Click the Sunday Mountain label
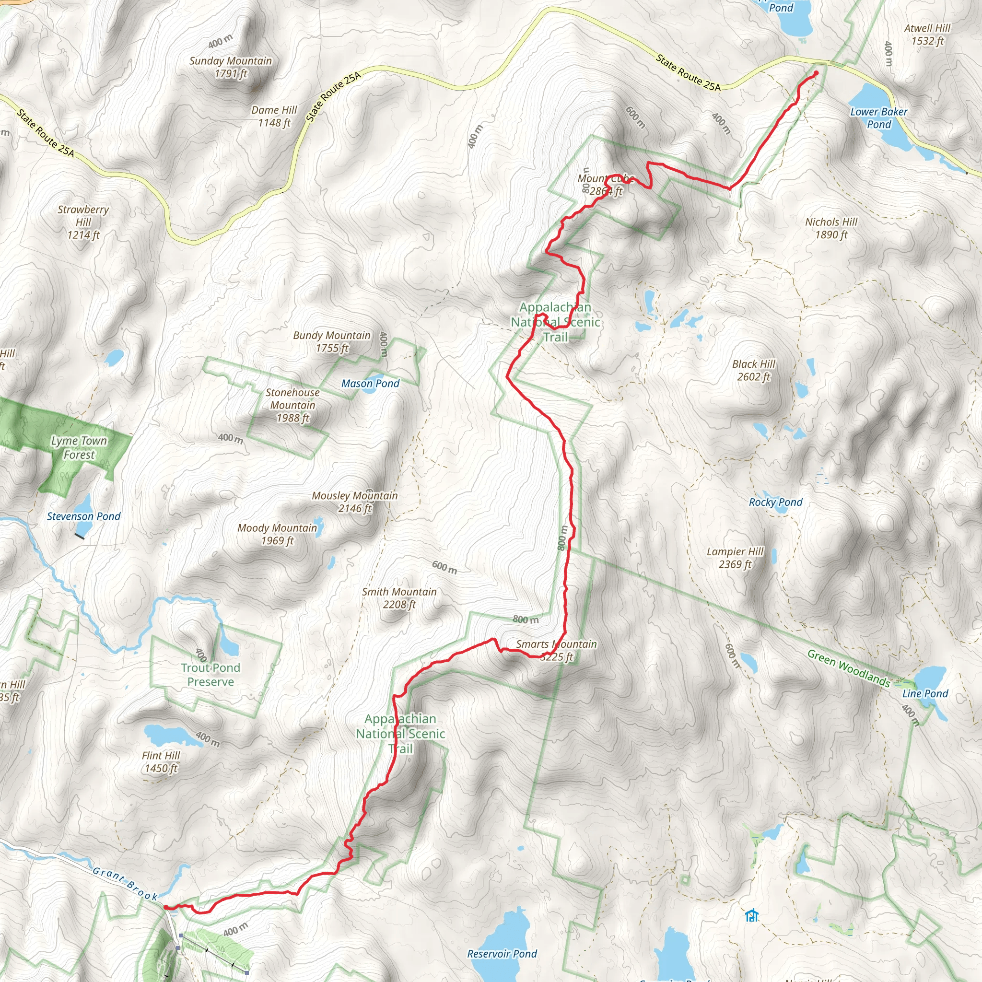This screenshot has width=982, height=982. click(x=230, y=67)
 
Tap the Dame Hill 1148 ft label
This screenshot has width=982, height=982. click(x=274, y=117)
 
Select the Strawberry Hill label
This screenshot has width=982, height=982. click(x=83, y=222)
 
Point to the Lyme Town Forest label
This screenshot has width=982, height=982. click(x=79, y=448)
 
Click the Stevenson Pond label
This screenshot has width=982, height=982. click(x=84, y=516)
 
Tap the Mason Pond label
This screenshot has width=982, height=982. click(x=370, y=384)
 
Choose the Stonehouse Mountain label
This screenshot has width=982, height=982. click(x=293, y=405)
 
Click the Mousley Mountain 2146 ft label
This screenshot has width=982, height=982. click(x=355, y=502)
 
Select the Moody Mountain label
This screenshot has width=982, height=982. click(x=277, y=534)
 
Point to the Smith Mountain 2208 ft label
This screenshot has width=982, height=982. click(x=399, y=598)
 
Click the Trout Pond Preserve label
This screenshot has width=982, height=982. click(x=210, y=675)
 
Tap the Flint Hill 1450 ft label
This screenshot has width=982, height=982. click(x=161, y=762)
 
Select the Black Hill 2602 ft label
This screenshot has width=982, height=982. click(x=753, y=370)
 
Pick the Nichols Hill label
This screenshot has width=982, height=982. click(x=831, y=228)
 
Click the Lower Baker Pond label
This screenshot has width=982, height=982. click(x=879, y=118)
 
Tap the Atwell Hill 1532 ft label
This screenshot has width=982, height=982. click(x=927, y=35)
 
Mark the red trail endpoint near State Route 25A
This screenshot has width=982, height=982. click(x=816, y=73)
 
